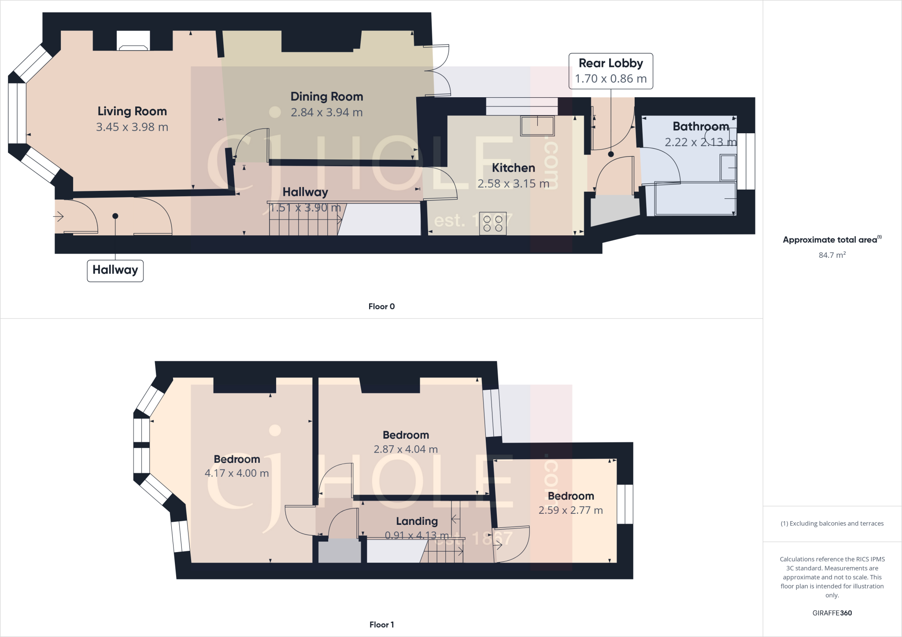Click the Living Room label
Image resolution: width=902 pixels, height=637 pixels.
[132, 111]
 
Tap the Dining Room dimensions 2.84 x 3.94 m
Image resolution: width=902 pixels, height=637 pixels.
[326, 113]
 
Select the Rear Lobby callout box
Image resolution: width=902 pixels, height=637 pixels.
[610, 71]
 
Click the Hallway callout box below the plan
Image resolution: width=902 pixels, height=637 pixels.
[115, 270]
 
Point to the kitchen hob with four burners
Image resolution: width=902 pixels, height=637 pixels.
[493, 223]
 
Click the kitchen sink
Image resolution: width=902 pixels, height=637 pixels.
[537, 126]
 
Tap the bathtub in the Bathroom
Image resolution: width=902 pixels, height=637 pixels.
[695, 199]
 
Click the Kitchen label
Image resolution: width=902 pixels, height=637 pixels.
[513, 168]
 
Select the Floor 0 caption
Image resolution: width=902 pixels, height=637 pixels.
[381, 307]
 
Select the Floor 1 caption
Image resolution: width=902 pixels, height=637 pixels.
[381, 625]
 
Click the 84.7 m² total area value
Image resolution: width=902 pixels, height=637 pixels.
[832, 255]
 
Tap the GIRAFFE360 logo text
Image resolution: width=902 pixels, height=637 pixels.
[832, 613]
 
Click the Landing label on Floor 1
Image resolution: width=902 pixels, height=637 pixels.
[417, 521]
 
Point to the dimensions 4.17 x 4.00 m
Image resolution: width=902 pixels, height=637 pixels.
[237, 473]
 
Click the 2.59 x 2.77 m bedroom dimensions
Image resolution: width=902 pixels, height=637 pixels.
[570, 510]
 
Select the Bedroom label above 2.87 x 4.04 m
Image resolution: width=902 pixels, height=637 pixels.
[406, 435]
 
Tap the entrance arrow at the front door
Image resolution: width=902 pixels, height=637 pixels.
[59, 216]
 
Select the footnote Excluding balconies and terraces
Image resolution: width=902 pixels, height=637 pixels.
[832, 524]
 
